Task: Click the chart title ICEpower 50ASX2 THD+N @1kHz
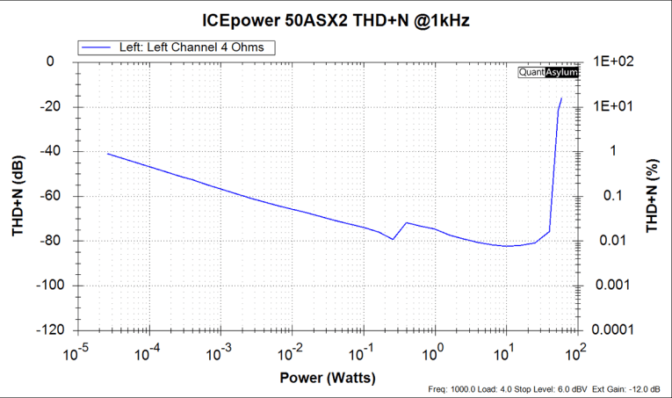coord(336,19)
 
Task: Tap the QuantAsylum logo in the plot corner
coord(548,73)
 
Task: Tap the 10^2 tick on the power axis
coord(576,353)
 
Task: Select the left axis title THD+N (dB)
coord(17,196)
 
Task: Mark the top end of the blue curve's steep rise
coord(561,98)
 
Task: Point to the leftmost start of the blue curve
coord(107,154)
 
